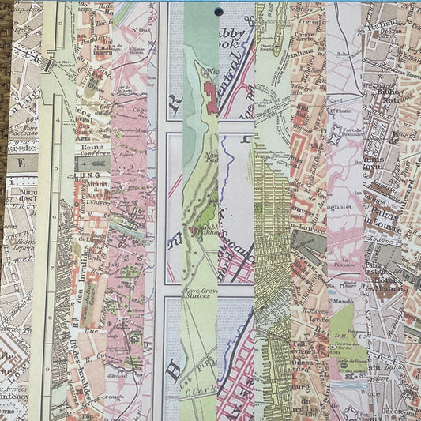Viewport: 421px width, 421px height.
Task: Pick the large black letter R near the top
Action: click(x=175, y=103)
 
